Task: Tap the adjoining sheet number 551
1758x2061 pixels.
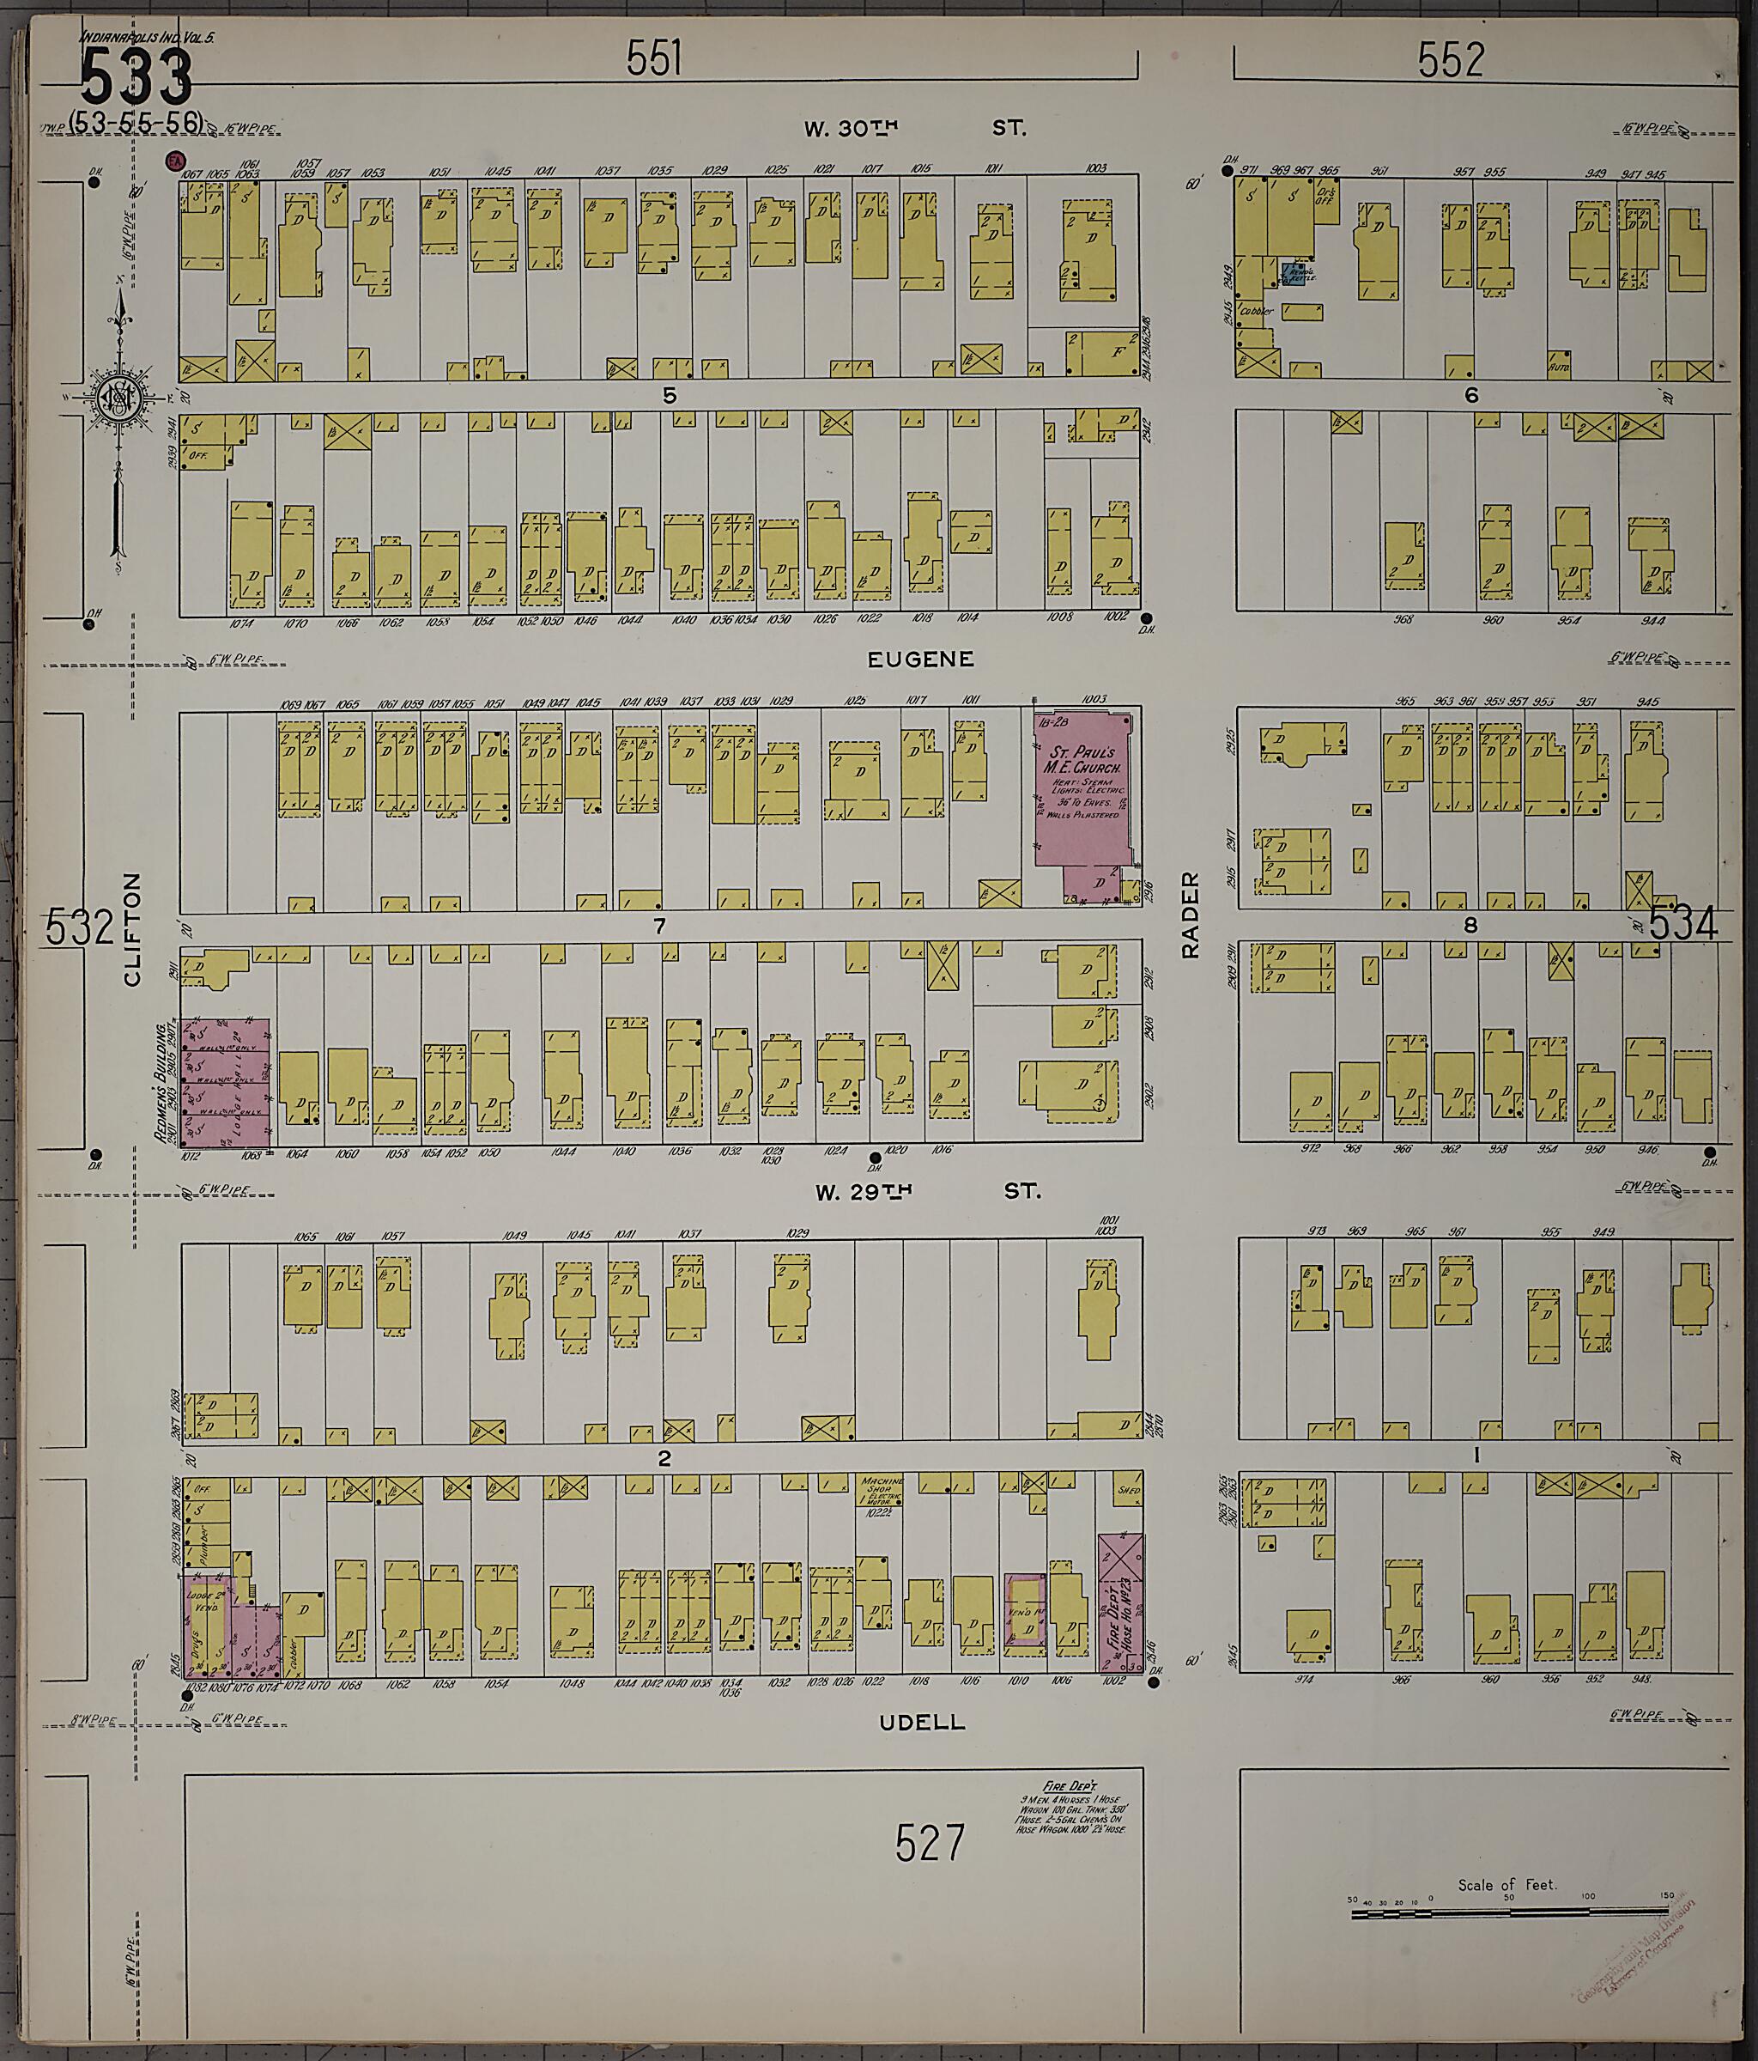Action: click(654, 59)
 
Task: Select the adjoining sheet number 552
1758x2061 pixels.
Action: click(1451, 61)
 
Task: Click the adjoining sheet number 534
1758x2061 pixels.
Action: click(1683, 925)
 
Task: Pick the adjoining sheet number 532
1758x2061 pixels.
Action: click(80, 928)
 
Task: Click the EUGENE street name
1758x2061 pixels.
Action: click(919, 660)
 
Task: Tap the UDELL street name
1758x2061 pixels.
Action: click(922, 1722)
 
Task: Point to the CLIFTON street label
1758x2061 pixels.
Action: click(132, 929)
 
